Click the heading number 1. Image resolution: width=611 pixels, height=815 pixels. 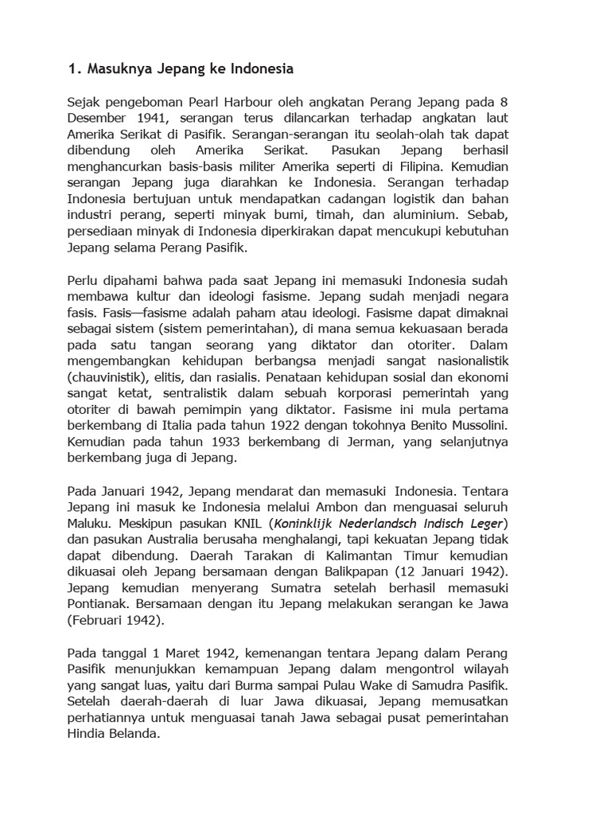point(72,69)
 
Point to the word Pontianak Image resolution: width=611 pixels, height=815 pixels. point(99,605)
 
